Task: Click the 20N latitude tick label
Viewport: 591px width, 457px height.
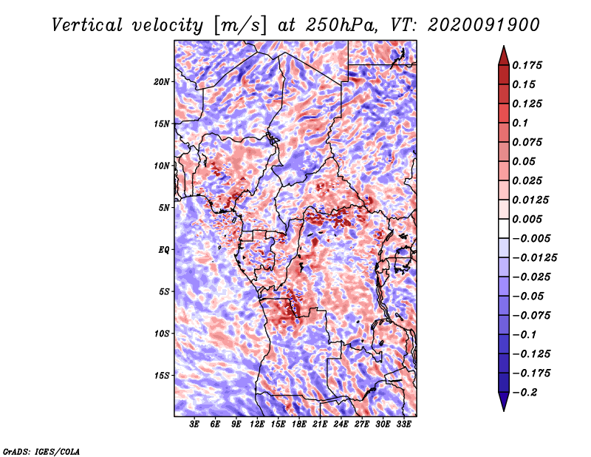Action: [x=162, y=82]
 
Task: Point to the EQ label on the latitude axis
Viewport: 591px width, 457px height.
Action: [x=164, y=250]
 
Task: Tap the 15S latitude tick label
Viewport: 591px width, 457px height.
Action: [x=162, y=376]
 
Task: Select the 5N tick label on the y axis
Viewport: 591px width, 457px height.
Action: [x=164, y=208]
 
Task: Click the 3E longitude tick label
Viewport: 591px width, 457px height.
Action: [x=194, y=424]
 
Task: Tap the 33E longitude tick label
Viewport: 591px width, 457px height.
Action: [x=403, y=424]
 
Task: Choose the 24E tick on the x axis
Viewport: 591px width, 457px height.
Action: [x=341, y=424]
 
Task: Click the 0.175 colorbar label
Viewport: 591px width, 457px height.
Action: [x=527, y=65]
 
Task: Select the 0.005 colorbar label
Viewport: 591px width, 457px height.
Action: [x=527, y=219]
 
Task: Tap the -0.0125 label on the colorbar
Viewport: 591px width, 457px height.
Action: [x=534, y=258]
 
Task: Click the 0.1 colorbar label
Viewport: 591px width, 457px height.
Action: [x=520, y=123]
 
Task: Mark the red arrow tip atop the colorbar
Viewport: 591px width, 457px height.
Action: [x=504, y=46]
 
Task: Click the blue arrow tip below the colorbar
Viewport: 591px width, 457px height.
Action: [x=504, y=410]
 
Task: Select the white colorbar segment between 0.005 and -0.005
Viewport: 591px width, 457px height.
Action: [x=504, y=228]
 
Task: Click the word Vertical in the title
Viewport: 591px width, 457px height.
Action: [x=87, y=25]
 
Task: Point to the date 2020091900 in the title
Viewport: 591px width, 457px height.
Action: [x=484, y=25]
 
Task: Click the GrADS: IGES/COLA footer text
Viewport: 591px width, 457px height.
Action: [x=41, y=452]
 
